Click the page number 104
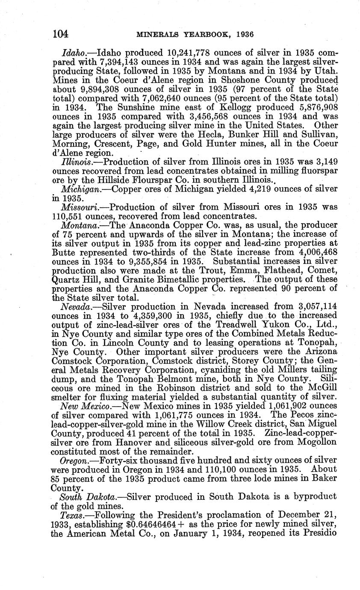pos(61,34)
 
